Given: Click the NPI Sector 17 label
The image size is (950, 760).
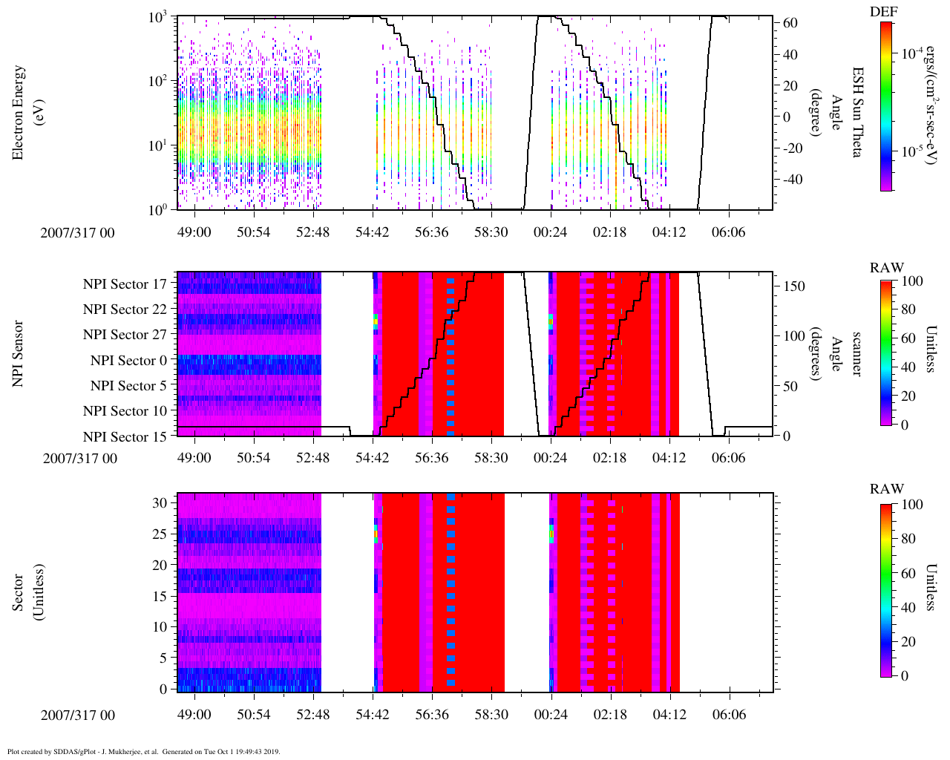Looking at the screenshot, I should point(125,284).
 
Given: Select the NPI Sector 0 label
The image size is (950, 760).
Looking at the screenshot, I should point(128,361).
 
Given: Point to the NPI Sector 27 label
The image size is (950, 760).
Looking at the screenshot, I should point(125,335).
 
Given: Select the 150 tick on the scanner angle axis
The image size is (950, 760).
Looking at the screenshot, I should point(795,286).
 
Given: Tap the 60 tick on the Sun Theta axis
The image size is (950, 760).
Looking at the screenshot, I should point(791,24).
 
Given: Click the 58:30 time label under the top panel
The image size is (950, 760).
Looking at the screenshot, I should point(491,232).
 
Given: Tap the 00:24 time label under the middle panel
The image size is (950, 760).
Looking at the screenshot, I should point(550,458).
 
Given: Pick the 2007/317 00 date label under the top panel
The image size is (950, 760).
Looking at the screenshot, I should point(77,233).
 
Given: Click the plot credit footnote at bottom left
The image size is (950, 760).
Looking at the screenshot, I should point(144,751).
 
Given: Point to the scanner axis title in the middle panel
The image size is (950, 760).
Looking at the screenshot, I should point(856,353).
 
